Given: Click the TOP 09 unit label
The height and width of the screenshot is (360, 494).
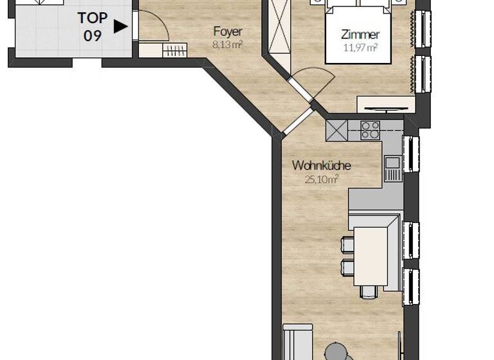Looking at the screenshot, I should [x=93, y=26].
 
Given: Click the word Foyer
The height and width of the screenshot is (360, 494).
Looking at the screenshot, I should [x=228, y=32].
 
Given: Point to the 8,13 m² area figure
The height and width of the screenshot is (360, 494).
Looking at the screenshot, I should [x=228, y=44].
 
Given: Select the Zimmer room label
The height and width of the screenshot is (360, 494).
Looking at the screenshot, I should [x=360, y=35].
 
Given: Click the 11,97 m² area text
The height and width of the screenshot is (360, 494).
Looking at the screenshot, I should [x=360, y=47].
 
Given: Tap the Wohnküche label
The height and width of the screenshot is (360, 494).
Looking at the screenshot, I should [x=321, y=166].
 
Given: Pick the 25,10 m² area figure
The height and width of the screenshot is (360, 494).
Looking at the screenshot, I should [x=321, y=179].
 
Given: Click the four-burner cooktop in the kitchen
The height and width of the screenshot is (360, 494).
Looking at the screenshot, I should [x=370, y=130].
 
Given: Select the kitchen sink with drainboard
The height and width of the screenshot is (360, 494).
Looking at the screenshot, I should [x=392, y=169].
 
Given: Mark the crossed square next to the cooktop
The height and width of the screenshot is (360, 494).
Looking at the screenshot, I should [x=336, y=130].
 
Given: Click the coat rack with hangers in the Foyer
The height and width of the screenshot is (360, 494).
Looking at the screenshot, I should [x=174, y=51].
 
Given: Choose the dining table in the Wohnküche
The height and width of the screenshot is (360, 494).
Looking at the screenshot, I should [x=371, y=256].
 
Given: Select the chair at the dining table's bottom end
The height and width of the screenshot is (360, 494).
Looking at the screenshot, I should [x=369, y=292].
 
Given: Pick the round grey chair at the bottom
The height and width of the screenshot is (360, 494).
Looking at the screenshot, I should [x=335, y=352].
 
